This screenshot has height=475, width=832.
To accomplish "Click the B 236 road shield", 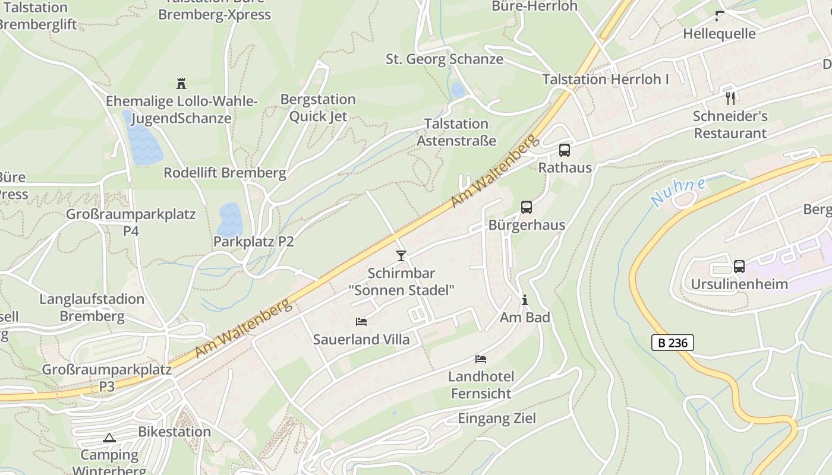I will pos(672,343).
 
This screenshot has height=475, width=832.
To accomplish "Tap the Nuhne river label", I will pos(678,191).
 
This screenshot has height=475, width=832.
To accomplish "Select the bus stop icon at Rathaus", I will pos(564,150).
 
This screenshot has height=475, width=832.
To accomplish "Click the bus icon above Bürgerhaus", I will pos(526,207).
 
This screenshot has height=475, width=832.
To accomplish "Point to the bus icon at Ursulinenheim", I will pos(739,266).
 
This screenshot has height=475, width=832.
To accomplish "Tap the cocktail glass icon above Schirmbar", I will pos(401,256).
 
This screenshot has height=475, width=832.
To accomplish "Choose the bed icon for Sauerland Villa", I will pos(361,322).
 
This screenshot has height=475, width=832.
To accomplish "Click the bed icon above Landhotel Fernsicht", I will pos(481,359).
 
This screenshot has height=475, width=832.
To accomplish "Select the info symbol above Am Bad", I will pos(524,300).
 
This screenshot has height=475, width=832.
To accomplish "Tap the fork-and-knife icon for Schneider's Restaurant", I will pos(730,98).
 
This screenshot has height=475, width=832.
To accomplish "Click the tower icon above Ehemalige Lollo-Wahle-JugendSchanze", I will pos(181,83).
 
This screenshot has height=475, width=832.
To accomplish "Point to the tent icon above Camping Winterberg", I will pos(109,438).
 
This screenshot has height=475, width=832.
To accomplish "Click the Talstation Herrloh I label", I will pos(605,79).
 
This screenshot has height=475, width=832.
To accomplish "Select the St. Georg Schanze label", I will pos(444,59).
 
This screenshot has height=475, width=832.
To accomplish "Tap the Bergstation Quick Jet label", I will pos(318,107).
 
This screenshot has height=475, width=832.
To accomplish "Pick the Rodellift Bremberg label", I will pos(225,173).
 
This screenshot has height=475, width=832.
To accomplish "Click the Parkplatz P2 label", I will pos(253,242).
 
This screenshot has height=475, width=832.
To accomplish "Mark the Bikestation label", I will pos(174,432).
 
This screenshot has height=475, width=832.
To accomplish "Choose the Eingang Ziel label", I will pos(496,419).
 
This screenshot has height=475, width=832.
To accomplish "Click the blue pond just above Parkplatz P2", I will pos(230,220).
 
